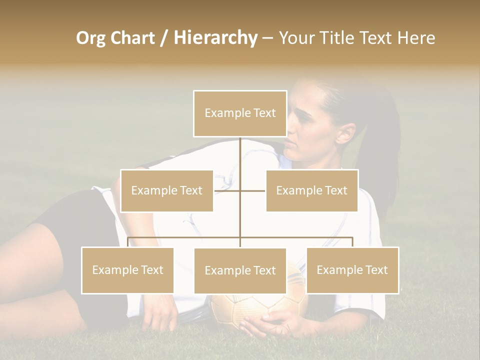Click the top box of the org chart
240,113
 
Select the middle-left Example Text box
166,190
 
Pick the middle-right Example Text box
311,190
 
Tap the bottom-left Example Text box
127,270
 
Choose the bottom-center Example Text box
240,270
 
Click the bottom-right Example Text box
352,270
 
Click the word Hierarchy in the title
215,37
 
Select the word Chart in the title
132,38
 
